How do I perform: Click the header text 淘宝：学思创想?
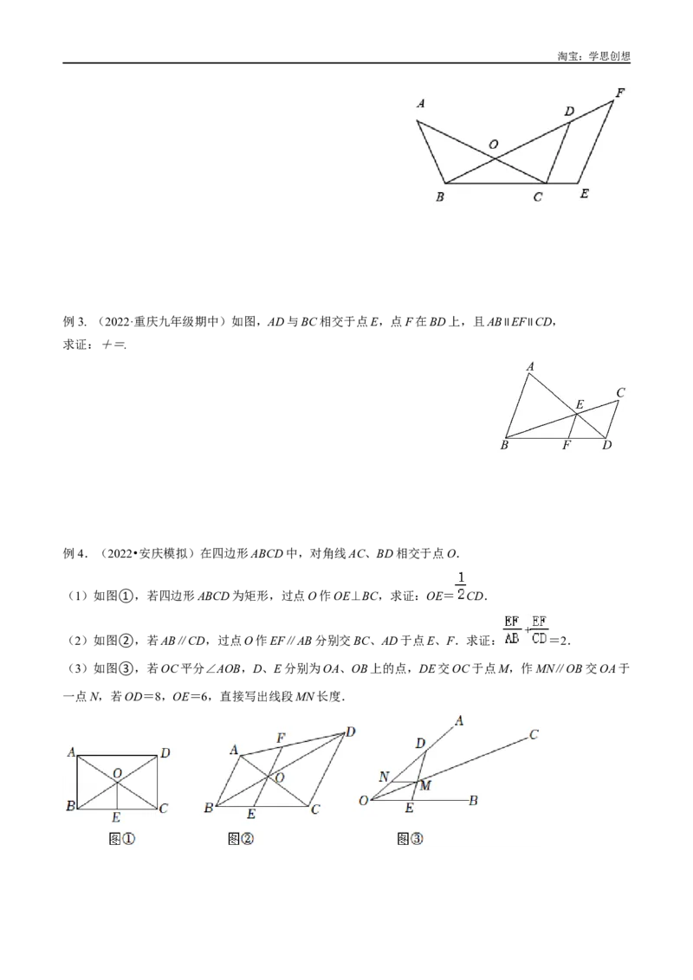click(593, 56)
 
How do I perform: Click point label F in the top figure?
click(620, 93)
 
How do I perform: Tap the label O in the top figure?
click(494, 145)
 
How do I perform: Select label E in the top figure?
click(584, 194)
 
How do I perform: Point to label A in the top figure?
click(421, 104)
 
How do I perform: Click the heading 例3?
click(74, 322)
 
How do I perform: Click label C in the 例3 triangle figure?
click(620, 392)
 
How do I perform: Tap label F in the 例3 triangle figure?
click(566, 446)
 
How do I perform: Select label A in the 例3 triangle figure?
click(530, 367)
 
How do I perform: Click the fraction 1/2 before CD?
click(461, 585)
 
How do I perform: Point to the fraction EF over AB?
click(512, 630)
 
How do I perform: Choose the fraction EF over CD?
click(539, 630)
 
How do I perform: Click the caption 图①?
click(122, 839)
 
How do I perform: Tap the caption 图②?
click(241, 839)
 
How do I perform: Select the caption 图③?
click(411, 839)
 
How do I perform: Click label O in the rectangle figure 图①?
click(117, 774)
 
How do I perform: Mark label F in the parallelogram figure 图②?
click(281, 738)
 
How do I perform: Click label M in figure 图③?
click(425, 785)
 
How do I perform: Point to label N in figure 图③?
click(384, 777)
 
